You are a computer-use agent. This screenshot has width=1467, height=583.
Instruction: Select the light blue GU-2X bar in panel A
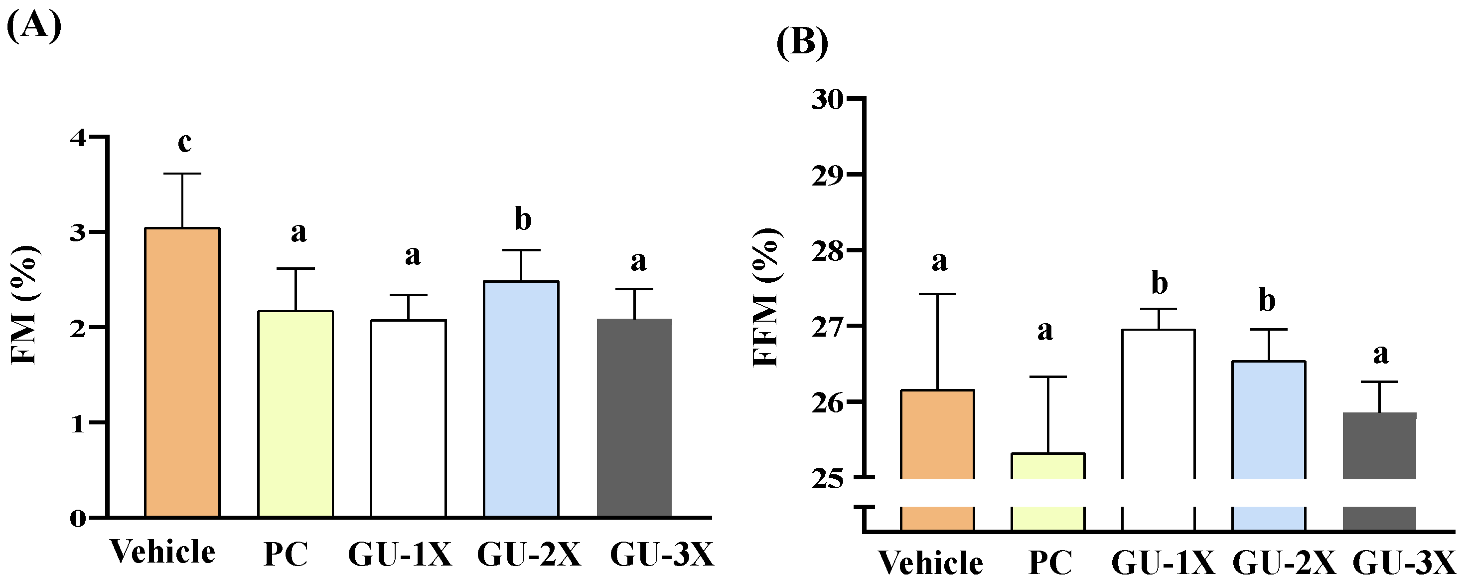(521, 399)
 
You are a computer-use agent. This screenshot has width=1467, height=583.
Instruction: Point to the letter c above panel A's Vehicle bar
(184, 143)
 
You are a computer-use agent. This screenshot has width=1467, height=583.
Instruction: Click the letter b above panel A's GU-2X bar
(523, 219)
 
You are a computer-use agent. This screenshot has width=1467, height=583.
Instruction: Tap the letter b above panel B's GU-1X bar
(1160, 283)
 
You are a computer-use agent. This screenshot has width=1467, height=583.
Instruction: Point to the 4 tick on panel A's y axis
(78, 137)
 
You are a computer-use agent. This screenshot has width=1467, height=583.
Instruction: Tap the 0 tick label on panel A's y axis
(78, 518)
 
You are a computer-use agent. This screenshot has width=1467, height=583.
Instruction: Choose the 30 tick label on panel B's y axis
(827, 99)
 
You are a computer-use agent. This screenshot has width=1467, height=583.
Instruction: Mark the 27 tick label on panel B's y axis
(827, 327)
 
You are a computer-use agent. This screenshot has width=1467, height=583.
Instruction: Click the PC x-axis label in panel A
(286, 554)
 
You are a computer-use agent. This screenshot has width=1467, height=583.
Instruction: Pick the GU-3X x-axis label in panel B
(1403, 564)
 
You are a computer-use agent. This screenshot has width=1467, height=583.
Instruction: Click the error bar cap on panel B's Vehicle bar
(937, 294)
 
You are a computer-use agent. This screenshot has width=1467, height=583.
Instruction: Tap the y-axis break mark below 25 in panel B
(866, 507)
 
